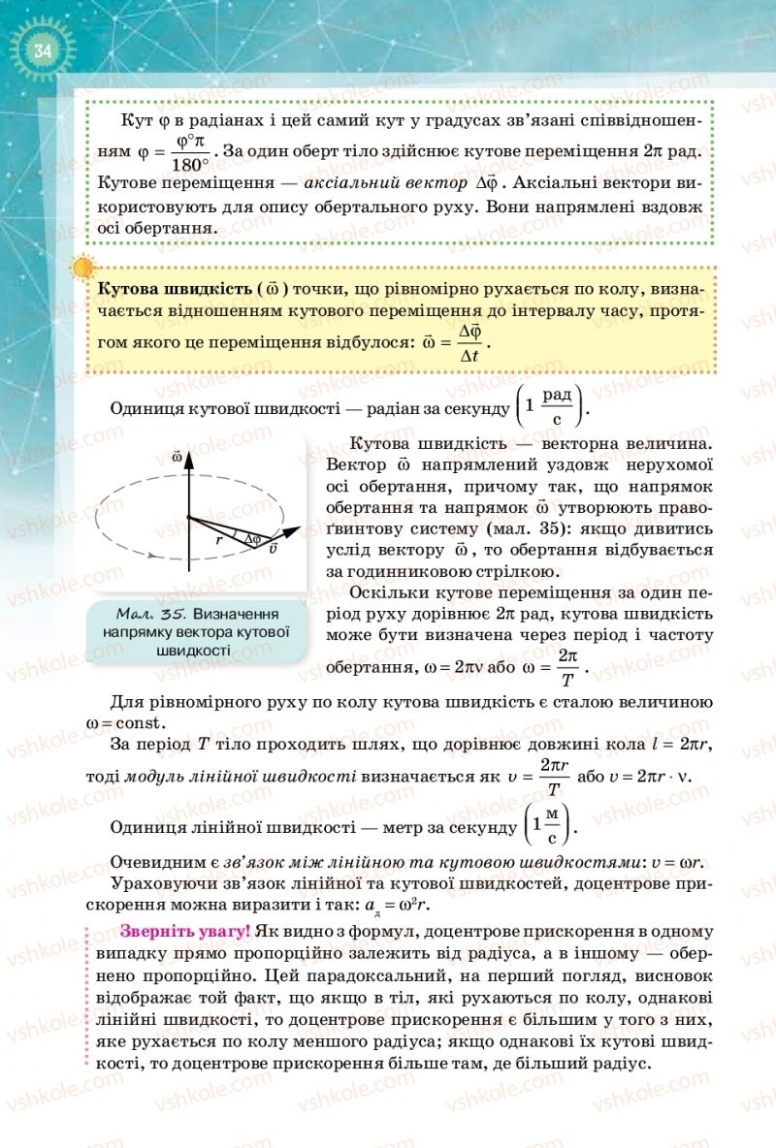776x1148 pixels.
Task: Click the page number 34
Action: [x=41, y=49]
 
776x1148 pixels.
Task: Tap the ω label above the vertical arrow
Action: [x=177, y=455]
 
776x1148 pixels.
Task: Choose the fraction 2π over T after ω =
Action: [x=568, y=666]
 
